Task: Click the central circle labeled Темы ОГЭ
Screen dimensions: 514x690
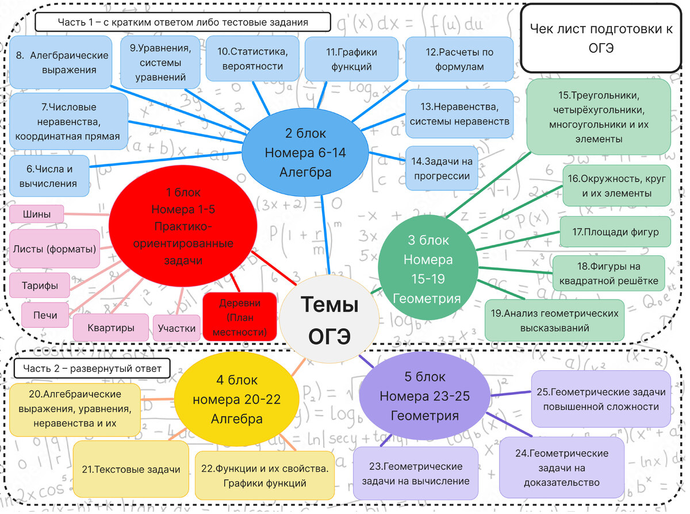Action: pos(329,319)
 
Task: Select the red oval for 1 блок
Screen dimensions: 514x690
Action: pos(182,226)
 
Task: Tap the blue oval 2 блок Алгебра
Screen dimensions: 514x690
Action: pos(304,152)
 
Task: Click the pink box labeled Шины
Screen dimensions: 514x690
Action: pos(36,214)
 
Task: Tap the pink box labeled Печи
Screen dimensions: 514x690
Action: pos(45,315)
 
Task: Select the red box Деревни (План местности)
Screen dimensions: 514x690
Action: pos(240,317)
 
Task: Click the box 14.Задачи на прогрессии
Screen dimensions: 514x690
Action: pos(442,168)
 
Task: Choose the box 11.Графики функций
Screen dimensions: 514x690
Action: pos(351,59)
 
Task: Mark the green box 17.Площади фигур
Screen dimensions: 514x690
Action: pos(615,232)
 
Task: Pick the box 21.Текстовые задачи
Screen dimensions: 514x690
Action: pos(131,469)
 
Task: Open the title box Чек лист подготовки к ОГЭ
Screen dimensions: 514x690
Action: pos(600,38)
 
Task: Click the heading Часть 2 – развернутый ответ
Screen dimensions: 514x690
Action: pos(92,368)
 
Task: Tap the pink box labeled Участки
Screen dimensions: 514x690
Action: pos(177,328)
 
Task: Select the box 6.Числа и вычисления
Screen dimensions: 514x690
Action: pos(50,177)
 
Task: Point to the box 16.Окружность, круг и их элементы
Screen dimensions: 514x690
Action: pos(616,186)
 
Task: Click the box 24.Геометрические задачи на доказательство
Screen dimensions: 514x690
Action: pos(561,467)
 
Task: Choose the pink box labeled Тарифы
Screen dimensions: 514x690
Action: pos(39,285)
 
